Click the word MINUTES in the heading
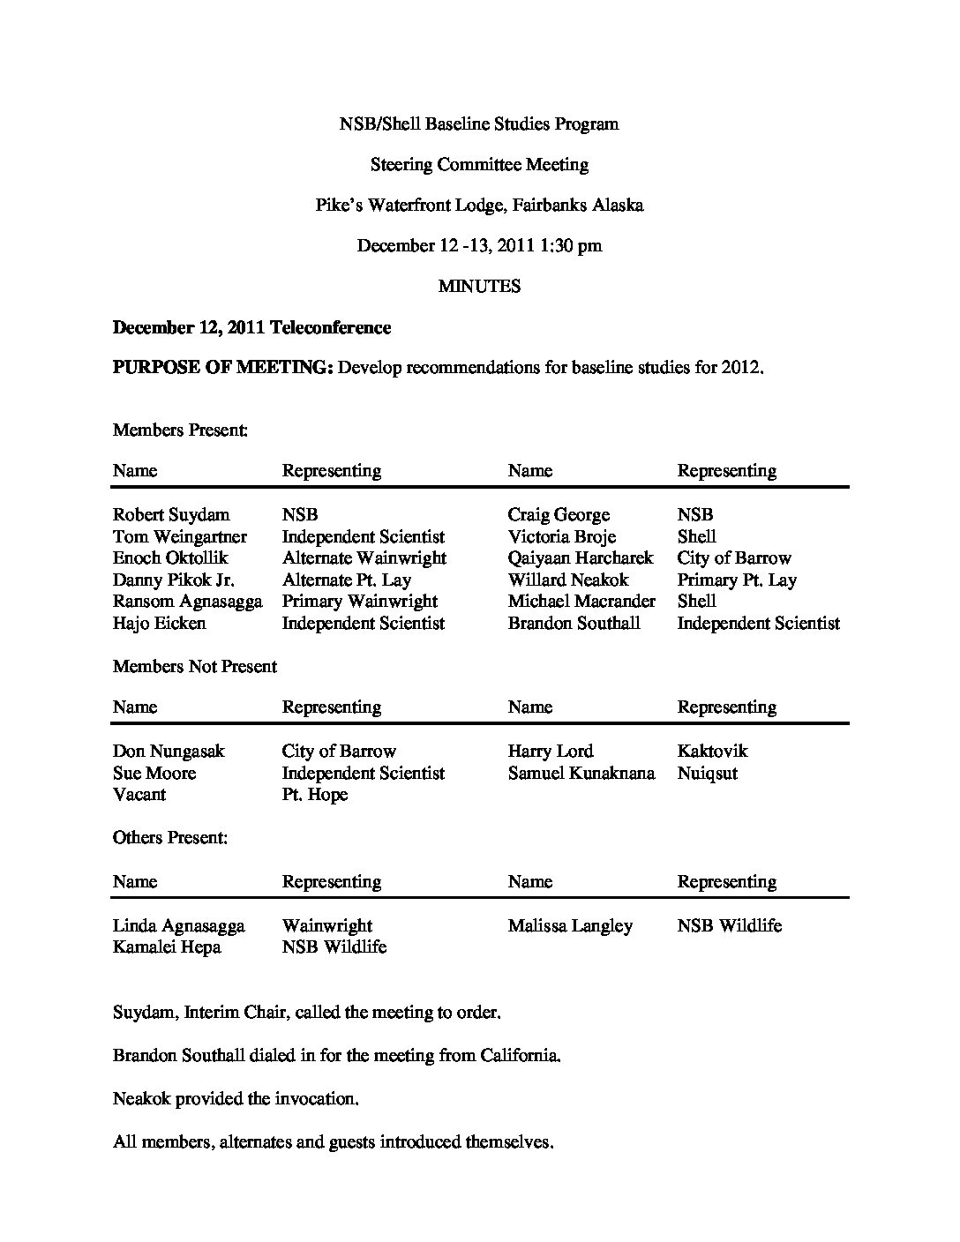click(x=479, y=287)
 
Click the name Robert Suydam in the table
click(x=171, y=515)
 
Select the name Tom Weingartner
click(x=180, y=537)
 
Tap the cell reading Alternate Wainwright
click(x=364, y=558)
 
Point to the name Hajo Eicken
click(x=160, y=624)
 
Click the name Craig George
click(x=559, y=515)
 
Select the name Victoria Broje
click(x=562, y=537)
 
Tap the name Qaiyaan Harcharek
click(x=581, y=558)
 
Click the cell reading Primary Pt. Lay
click(x=737, y=580)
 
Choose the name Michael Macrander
click(x=581, y=602)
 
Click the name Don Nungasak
click(x=169, y=752)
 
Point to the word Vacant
click(x=139, y=795)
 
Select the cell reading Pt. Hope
click(x=315, y=795)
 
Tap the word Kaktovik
click(x=712, y=752)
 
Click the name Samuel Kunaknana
click(x=581, y=774)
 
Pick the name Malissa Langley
click(x=570, y=926)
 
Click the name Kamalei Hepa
click(x=167, y=947)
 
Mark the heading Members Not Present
click(x=195, y=667)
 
